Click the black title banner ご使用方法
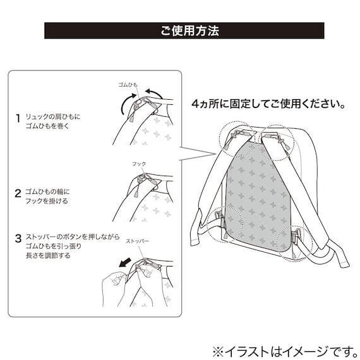tap(184, 30)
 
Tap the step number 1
tap(18, 118)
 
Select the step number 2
tap(18, 193)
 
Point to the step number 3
tap(18, 238)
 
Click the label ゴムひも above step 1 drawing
tap(128, 85)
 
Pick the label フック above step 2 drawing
tap(139, 164)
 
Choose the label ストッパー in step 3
tap(137, 241)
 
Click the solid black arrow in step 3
tap(125, 263)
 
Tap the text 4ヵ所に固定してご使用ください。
tap(268, 104)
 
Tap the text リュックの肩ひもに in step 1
tap(53, 117)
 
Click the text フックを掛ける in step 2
tap(47, 201)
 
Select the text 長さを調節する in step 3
tap(48, 256)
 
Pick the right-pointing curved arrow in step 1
tap(127, 104)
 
